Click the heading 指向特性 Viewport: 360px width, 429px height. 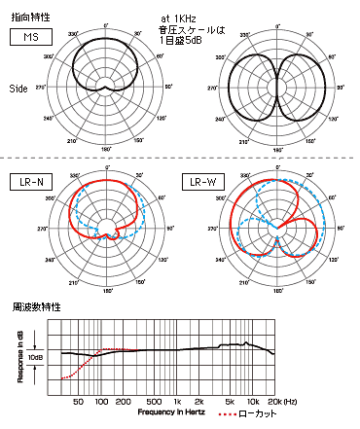[26, 17]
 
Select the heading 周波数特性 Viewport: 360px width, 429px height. [26, 308]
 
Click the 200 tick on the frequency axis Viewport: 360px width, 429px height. [123, 402]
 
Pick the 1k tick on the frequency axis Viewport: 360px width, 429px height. [176, 402]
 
